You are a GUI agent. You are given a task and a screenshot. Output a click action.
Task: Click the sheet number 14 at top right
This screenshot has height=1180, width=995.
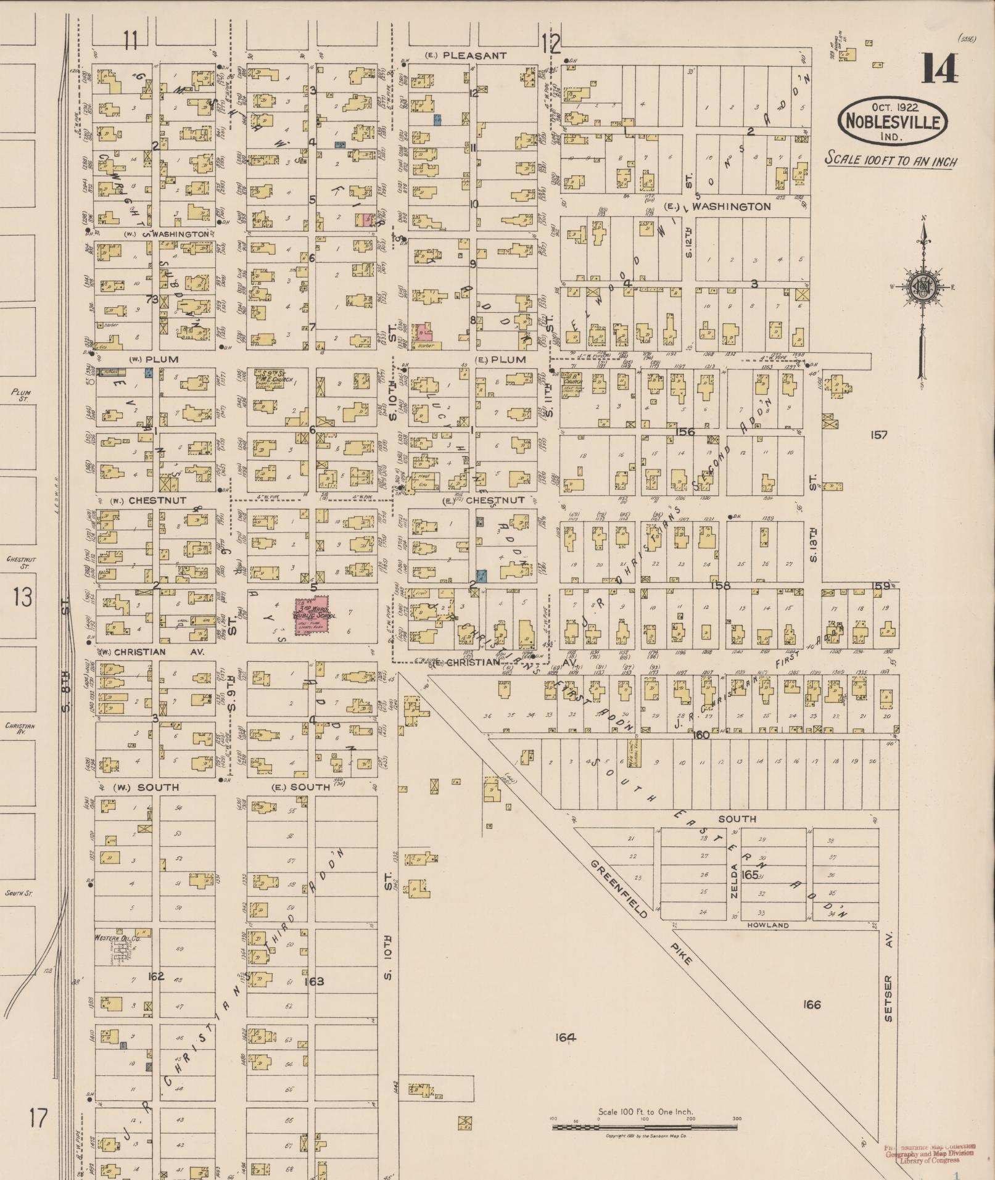(940, 68)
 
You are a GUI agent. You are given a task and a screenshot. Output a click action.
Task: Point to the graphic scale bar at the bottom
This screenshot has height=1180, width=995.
(645, 1128)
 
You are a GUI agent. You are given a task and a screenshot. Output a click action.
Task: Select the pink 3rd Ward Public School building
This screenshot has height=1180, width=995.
(312, 613)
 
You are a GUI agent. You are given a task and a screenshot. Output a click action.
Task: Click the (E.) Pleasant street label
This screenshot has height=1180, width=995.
(466, 56)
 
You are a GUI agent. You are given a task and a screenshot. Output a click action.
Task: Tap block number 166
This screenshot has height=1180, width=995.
(812, 1004)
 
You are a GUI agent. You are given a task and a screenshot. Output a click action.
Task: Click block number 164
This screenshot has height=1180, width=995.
(564, 1038)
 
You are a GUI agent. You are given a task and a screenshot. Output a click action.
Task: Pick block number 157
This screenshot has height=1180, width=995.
(878, 435)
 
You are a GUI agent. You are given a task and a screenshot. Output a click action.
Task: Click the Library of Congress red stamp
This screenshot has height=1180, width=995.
(930, 1152)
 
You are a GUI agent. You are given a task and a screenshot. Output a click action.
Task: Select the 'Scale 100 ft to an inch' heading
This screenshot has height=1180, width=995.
(891, 160)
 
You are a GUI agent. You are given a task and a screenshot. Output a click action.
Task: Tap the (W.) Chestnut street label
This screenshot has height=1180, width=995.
(148, 500)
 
